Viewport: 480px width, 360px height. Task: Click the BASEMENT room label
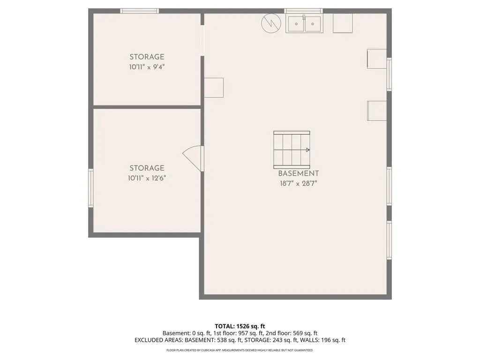coord(298,173)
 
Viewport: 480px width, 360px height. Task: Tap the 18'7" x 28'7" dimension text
coord(298,184)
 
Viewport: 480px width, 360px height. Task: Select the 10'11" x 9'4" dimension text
coord(147,67)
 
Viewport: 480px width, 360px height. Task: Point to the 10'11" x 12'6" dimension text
coord(147,178)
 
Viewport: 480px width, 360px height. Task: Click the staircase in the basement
coord(292,150)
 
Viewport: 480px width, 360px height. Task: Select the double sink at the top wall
coord(304,23)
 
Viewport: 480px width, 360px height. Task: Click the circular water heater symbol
coord(271,23)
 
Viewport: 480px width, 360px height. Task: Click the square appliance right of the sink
coord(343,23)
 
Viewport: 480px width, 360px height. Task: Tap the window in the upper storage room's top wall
coord(139,11)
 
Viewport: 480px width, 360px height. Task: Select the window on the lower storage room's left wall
coord(90,187)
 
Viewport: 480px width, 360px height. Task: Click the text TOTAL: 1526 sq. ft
coord(240,326)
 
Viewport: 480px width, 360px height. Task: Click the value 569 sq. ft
coord(305,333)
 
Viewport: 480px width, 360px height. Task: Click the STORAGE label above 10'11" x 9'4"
coord(147,57)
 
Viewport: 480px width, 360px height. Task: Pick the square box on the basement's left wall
coord(214,88)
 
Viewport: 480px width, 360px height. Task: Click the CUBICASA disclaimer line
coord(240,350)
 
